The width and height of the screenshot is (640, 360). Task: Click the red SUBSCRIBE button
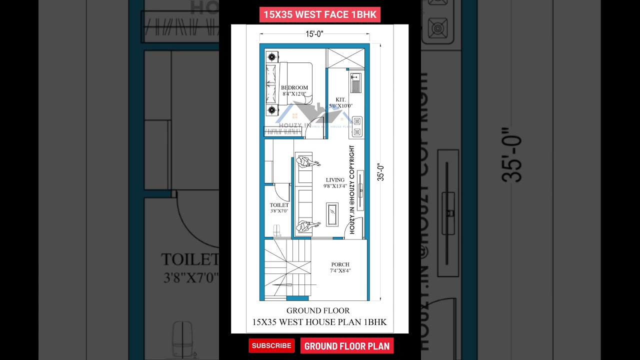271,345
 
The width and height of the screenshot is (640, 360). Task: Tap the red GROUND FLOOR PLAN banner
346,346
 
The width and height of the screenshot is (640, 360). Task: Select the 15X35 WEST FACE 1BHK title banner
319,14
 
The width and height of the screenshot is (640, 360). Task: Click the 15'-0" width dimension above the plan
314,34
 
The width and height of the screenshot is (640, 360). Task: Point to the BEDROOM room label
294,87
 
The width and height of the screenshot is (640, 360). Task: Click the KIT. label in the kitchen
341,99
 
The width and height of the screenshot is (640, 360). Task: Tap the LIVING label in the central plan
335,180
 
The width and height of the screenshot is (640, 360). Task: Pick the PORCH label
340,264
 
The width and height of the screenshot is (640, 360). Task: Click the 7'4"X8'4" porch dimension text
340,271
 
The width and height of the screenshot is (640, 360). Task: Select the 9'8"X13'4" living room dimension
335,186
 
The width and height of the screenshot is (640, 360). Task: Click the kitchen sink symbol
355,83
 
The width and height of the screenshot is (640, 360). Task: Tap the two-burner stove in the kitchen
357,126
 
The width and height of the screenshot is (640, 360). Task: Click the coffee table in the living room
332,214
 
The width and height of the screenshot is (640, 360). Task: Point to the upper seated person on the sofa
306,162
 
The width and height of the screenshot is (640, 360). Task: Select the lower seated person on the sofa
306,226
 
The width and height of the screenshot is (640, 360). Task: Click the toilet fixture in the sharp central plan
277,230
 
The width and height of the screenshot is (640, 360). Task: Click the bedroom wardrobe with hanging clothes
283,131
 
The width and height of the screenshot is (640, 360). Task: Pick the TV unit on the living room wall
360,190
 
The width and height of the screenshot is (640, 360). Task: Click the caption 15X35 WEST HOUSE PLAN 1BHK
319,322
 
